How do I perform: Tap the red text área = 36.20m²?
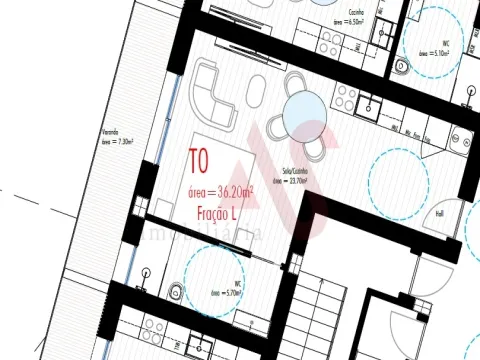(x=221, y=191)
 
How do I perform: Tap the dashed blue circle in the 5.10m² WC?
(x=437, y=45)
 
